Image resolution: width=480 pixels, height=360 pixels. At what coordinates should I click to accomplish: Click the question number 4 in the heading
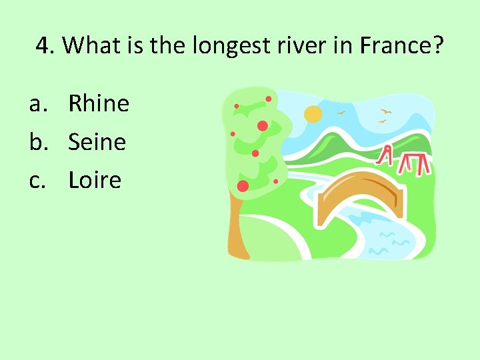[x=43, y=46]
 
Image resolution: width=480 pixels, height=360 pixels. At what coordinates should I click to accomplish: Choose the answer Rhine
[x=99, y=103]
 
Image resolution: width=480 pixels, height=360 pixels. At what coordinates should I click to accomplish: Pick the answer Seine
[x=97, y=141]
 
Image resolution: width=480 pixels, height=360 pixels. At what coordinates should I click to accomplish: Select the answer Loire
[x=95, y=180]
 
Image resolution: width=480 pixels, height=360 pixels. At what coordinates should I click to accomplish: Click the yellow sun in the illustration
[x=313, y=114]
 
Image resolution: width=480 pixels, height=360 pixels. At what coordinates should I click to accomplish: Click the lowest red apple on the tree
[x=243, y=185]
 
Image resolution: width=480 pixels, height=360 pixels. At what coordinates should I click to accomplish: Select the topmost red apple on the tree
[x=269, y=99]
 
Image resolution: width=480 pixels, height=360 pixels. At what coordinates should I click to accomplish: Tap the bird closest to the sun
[x=341, y=113]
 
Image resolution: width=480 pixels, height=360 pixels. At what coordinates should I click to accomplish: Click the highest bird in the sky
[x=385, y=111]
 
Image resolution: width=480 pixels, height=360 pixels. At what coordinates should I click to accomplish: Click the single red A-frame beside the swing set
[x=385, y=155]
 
